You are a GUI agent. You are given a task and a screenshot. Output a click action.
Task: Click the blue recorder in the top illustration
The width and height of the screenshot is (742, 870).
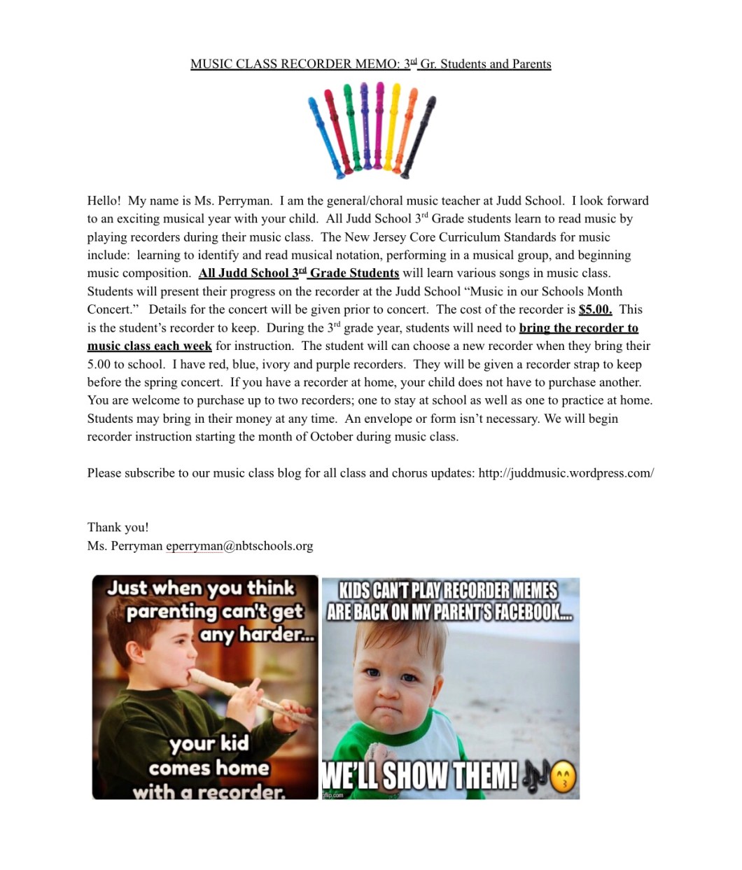[327, 136]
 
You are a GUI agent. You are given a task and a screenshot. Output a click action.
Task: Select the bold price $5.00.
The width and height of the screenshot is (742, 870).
[595, 309]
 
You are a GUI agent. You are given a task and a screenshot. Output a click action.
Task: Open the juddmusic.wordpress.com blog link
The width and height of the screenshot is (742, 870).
[566, 473]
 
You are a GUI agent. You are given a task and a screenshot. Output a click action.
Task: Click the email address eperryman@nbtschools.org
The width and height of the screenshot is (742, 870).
[239, 546]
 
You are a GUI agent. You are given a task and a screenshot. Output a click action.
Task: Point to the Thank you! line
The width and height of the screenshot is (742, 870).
[118, 528]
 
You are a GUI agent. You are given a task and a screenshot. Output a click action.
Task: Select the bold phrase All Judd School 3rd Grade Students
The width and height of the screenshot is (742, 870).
[298, 273]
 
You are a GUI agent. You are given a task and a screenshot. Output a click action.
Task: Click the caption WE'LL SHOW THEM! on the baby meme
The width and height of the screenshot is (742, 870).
[420, 776]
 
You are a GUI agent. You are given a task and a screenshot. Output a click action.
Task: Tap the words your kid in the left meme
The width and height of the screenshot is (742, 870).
[209, 743]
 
